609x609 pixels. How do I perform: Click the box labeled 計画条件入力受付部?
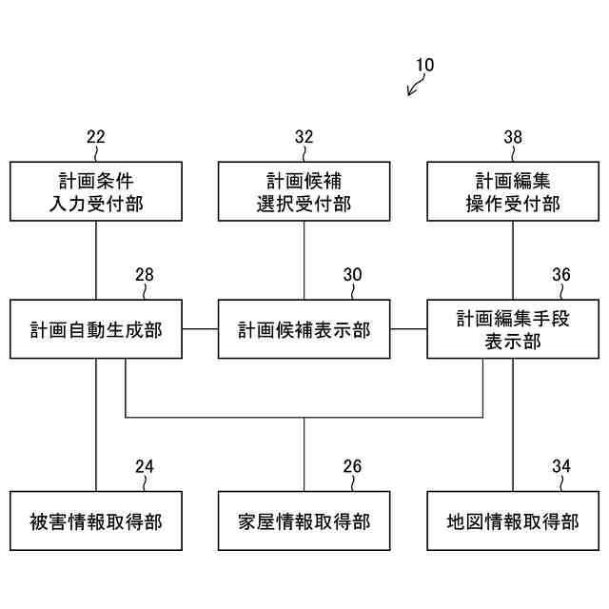95,191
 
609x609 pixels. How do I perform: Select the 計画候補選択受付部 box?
304,191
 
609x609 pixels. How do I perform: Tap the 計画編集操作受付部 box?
513,191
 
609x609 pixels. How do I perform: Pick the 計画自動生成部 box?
95,330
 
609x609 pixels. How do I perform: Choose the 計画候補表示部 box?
304,330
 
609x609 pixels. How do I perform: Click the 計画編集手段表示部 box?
513,330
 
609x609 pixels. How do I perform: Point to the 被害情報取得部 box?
95,521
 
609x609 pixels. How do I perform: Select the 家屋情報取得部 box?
304,521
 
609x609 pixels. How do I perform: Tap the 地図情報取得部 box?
513,521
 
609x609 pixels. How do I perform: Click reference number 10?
424,66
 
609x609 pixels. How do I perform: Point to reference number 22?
95,137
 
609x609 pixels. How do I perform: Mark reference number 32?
304,137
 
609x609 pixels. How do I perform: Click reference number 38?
513,137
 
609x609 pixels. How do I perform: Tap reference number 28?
144,275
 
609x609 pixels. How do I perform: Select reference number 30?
353,275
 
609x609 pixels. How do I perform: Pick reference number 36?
561,275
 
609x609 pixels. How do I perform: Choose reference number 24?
144,466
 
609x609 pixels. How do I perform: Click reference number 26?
353,466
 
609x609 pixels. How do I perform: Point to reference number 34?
561,466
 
